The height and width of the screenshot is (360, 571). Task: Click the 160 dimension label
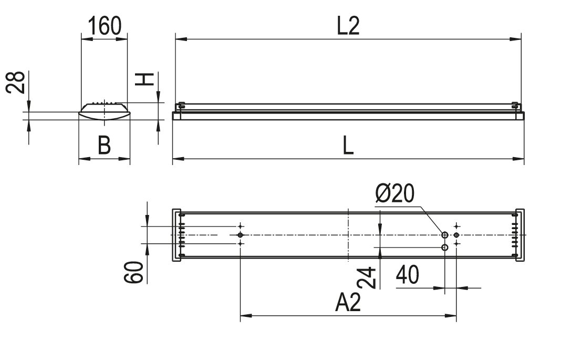[x=105, y=26]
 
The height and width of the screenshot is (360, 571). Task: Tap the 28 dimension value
[x=16, y=83]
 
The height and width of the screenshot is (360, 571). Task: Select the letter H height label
[x=144, y=79]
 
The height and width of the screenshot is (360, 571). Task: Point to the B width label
[x=104, y=145]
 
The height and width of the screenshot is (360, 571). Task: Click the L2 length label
[x=348, y=26]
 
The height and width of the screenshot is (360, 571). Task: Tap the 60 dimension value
[x=133, y=272]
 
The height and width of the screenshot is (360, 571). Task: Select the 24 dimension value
[x=367, y=277]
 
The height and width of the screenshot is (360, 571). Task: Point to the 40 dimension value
[x=408, y=274]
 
